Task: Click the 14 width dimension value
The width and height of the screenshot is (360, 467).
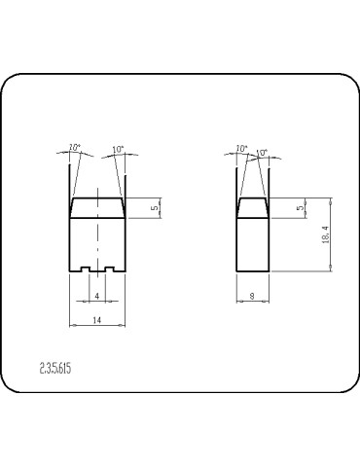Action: pyautogui.click(x=96, y=319)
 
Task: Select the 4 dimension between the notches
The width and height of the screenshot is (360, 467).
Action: pyautogui.click(x=96, y=295)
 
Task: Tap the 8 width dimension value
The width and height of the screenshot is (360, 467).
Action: pyautogui.click(x=252, y=295)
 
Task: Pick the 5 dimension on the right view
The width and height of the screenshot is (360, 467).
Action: pyautogui.click(x=301, y=207)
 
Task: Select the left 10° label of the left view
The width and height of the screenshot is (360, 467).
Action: pyautogui.click(x=74, y=148)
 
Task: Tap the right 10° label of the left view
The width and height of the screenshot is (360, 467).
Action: pyautogui.click(x=118, y=150)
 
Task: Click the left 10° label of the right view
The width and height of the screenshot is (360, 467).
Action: pyautogui.click(x=241, y=149)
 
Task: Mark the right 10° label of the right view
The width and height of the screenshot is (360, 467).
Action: pyautogui.click(x=262, y=152)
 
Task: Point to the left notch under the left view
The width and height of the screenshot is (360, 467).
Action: pyautogui.click(x=85, y=269)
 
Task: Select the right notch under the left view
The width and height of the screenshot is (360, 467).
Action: pyautogui.click(x=109, y=269)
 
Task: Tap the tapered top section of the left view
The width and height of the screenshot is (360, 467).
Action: pyautogui.click(x=96, y=207)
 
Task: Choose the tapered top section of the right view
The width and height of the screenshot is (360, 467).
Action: pyautogui.click(x=252, y=207)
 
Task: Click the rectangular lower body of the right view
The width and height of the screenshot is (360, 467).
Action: pyautogui.click(x=252, y=245)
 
